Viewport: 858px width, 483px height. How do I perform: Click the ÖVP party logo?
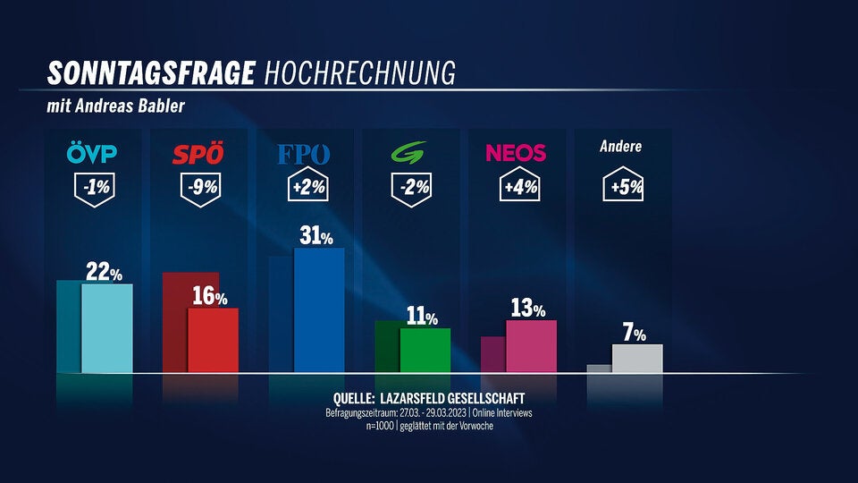pos(92,154)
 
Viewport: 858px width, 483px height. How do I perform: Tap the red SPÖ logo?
pos(198,155)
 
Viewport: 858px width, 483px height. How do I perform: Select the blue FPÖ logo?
pos(304,154)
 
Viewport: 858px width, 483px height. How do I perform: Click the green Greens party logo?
pos(411,154)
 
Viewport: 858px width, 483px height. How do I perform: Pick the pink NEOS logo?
pos(516,153)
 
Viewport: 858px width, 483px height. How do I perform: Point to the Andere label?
pos(620,146)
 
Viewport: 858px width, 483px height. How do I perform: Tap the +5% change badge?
pos(622,189)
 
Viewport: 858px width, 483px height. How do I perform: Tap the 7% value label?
pos(635,334)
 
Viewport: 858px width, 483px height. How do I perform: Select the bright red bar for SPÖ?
pos(213,340)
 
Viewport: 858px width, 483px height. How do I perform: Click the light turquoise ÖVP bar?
pos(107,327)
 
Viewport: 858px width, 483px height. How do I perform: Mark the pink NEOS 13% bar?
pos(531,345)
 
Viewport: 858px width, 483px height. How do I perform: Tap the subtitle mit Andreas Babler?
pos(116,106)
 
